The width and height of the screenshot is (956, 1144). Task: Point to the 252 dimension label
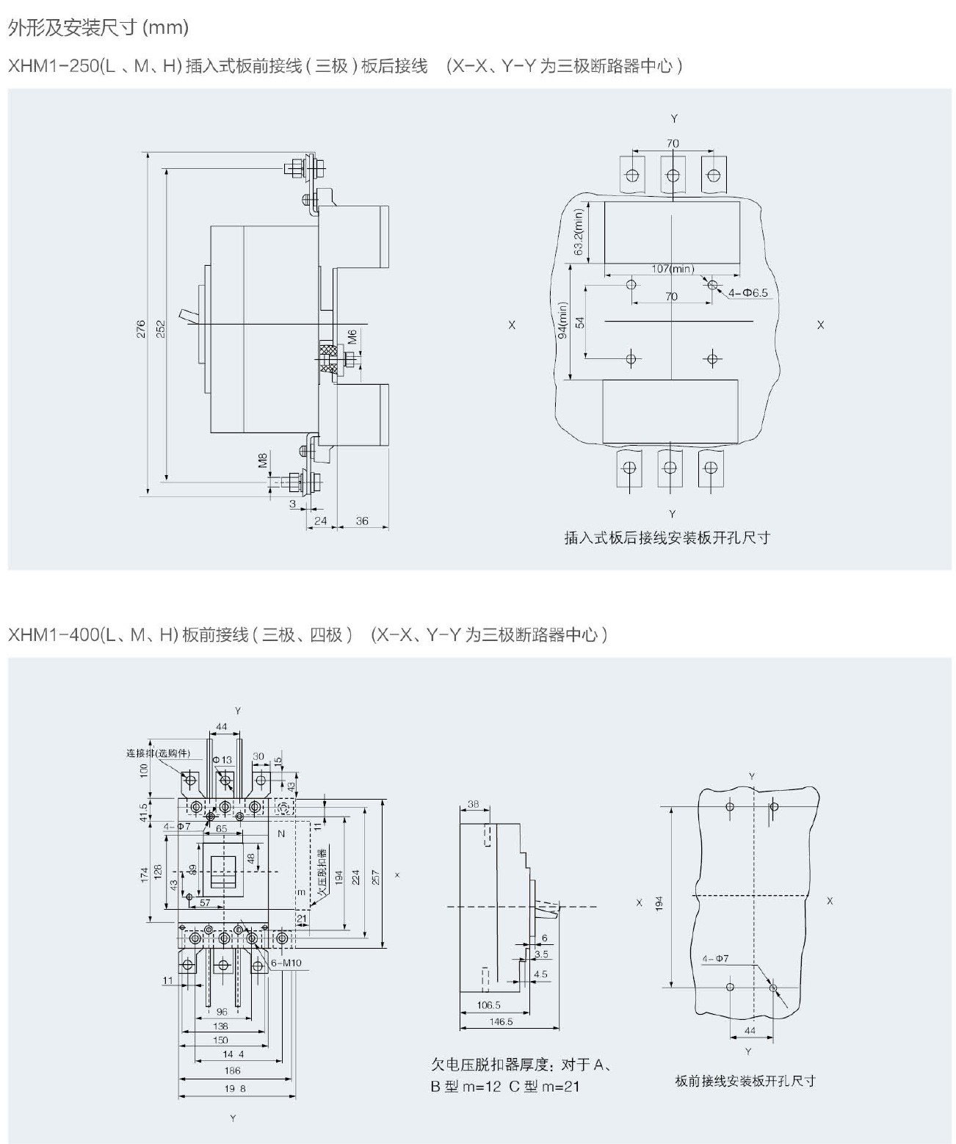click(161, 328)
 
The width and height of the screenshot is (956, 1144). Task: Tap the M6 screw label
click(352, 337)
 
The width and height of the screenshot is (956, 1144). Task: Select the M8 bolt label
click(262, 461)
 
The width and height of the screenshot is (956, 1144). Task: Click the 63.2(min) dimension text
click(578, 232)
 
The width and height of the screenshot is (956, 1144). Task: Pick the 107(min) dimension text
click(672, 269)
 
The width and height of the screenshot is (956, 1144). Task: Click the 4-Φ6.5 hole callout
click(747, 293)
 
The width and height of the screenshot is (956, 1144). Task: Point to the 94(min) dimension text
click(563, 320)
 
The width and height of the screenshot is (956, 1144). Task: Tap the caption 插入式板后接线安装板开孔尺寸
click(667, 537)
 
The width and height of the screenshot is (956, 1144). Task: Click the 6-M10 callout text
click(286, 963)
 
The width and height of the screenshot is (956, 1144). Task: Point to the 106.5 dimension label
click(488, 1005)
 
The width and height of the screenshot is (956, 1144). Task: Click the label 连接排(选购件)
click(157, 753)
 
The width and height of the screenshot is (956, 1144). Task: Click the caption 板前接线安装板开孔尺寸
click(745, 1081)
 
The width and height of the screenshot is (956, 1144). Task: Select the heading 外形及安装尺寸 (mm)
click(98, 28)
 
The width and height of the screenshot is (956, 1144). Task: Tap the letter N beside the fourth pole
click(280, 834)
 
